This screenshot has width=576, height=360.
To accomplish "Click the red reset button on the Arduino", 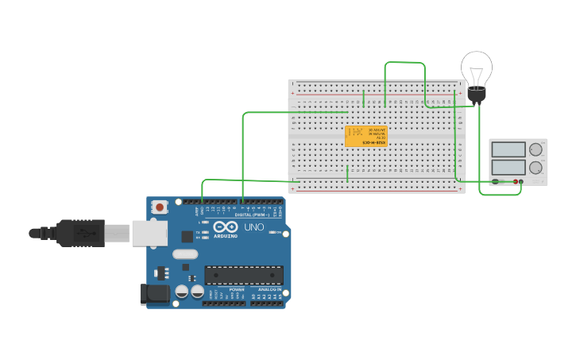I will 160,207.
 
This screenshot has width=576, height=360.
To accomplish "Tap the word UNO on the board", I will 254,227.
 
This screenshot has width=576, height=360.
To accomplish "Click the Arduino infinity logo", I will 225,226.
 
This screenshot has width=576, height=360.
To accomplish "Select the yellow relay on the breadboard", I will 365,136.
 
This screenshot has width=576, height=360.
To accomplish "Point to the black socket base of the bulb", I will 476,95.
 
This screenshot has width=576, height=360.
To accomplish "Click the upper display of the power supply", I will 508,149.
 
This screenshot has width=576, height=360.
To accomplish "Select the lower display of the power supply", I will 508,168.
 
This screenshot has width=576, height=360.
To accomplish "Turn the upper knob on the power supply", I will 536,149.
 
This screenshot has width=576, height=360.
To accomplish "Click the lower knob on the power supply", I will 536,168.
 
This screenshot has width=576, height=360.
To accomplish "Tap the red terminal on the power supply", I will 516,182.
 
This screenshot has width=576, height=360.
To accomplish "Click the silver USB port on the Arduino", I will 149,233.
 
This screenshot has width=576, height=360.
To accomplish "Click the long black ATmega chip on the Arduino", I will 244,275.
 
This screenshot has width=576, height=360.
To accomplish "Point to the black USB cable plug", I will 79,233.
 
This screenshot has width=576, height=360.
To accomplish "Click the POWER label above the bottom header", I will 237,289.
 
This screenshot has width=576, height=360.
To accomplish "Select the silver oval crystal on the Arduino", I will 184,254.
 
